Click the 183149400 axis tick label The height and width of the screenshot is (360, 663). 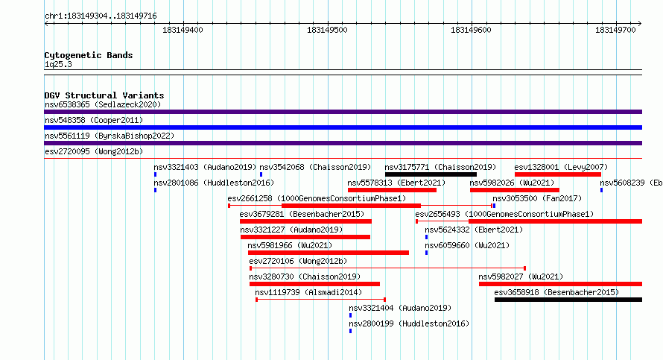pos(183,30)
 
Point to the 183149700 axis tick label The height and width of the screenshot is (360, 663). pos(615,30)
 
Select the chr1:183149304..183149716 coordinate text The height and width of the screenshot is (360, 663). pos(101,16)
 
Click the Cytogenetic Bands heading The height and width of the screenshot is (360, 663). pos(89,55)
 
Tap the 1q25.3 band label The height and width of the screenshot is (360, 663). pos(58,64)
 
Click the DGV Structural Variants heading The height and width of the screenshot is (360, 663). pos(104,95)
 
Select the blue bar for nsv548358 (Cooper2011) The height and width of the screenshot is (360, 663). pos(343,127)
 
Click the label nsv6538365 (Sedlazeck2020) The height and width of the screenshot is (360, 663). pos(103,104)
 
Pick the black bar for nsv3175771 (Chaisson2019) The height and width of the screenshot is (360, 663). pos(431,174)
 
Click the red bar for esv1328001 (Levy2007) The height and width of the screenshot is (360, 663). pos(558,174)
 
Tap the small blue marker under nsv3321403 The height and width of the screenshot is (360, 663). pos(155,174)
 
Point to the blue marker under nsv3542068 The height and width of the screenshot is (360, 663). pos(261,174)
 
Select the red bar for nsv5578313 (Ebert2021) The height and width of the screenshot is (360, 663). pos(392,190)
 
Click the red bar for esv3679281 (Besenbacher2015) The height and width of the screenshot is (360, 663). pos(305,221)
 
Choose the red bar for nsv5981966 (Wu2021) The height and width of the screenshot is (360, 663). pos(329,253)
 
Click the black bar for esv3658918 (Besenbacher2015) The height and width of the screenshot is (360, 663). pos(568,300)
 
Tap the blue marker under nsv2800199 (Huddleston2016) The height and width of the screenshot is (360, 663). pos(350,331)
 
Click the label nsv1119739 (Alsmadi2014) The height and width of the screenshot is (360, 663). pos(308,292)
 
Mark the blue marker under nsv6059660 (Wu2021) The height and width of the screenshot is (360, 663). pos(426,253)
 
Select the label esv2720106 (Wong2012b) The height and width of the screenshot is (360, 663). pos(298,261)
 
